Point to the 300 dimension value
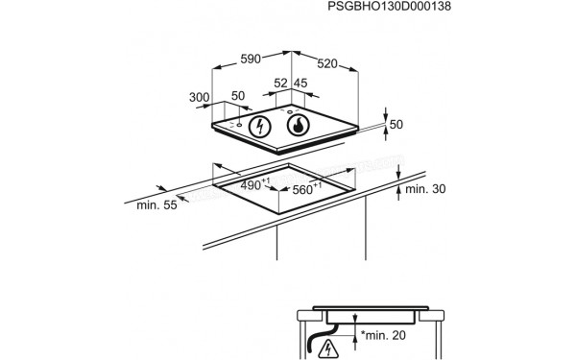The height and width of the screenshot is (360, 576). pos(199,98)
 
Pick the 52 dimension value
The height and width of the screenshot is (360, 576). pos(280,84)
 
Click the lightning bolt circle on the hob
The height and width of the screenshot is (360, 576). pos(259,128)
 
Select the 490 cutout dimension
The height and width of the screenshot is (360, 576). pos(252,184)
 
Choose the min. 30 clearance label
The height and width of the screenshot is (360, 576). pos(425,189)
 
